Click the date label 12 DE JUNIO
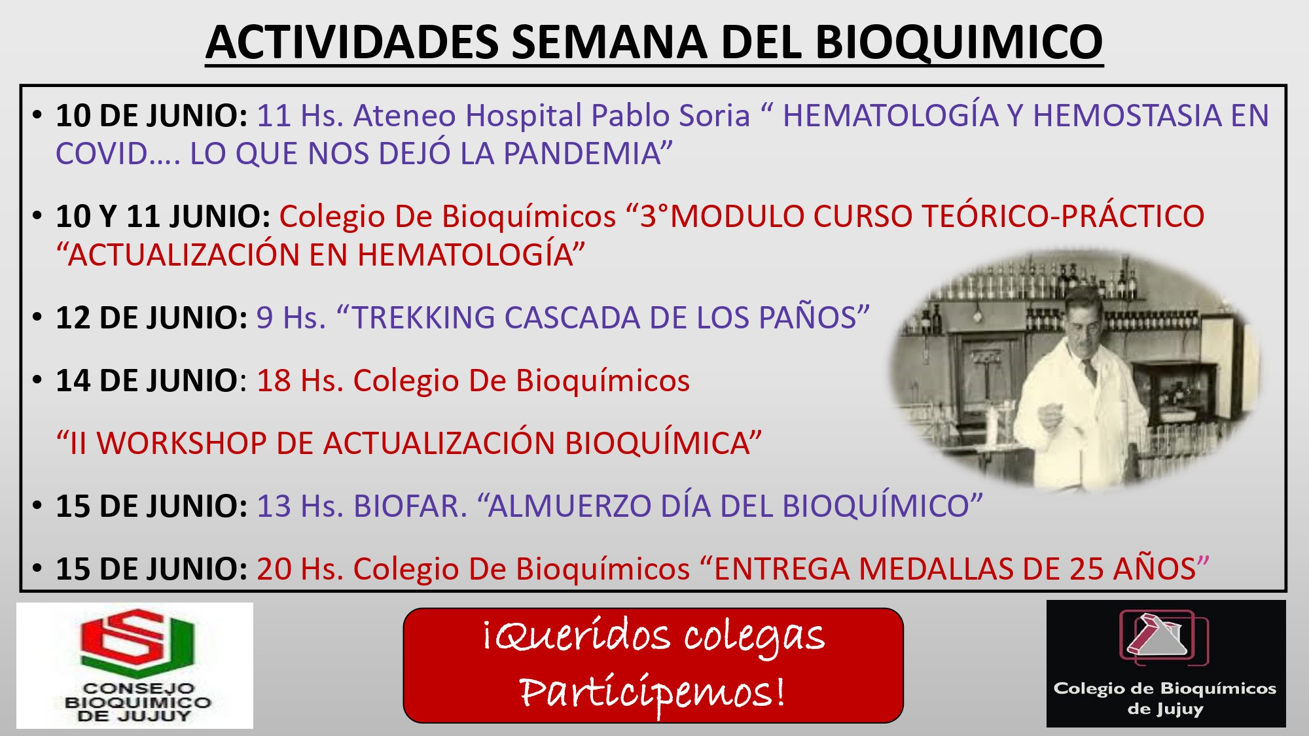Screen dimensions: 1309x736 pos(151,318)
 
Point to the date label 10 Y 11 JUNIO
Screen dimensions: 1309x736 pos(163,217)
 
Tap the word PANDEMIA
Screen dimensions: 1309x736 pos(582,154)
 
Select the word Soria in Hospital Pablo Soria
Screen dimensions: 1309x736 pos(714,116)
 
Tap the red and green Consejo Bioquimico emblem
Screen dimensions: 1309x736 pos(137,642)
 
